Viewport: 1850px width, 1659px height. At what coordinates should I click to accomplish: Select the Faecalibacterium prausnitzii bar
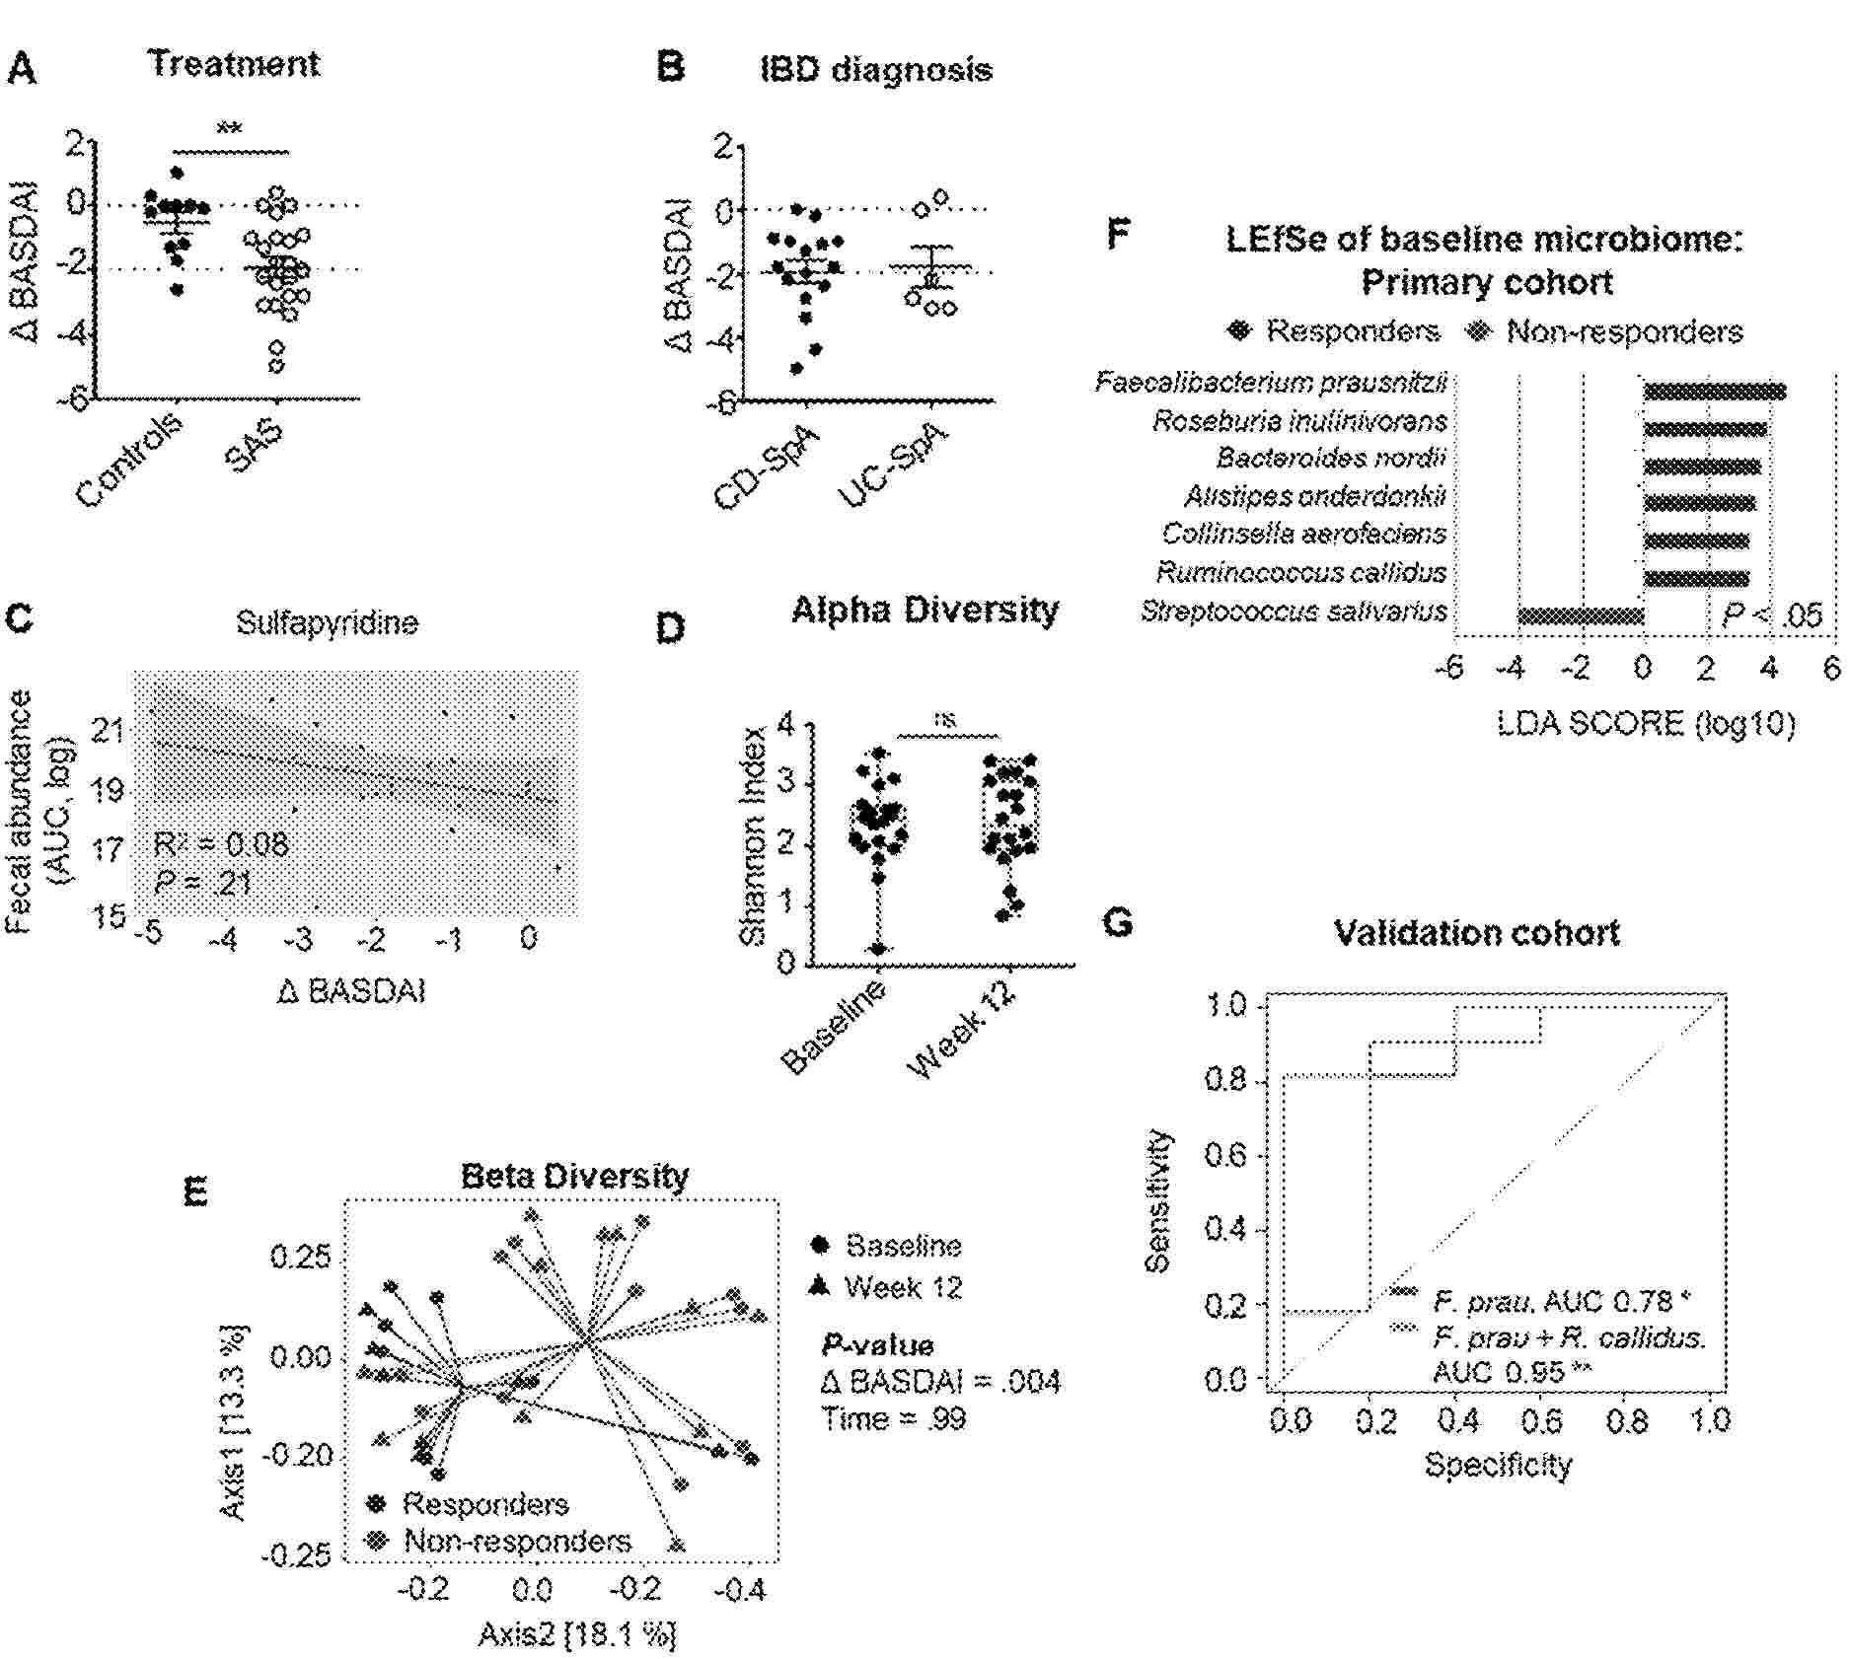click(x=1714, y=392)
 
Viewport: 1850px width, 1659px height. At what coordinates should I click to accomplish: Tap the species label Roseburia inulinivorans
click(x=1299, y=422)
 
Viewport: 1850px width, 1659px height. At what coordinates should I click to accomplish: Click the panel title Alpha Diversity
click(x=925, y=611)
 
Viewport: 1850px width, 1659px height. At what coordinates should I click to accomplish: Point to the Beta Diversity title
click(x=575, y=1176)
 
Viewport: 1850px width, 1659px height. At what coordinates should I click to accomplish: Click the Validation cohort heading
click(x=1476, y=933)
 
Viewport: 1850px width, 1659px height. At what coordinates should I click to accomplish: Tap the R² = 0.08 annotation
click(x=221, y=844)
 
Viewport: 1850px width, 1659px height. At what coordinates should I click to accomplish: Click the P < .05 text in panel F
click(x=1772, y=616)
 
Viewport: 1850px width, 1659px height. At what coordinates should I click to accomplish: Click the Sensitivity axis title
click(x=1161, y=1200)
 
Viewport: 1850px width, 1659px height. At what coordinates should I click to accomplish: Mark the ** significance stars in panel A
click(x=230, y=129)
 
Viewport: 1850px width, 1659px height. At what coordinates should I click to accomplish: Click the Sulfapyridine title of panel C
click(x=327, y=623)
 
